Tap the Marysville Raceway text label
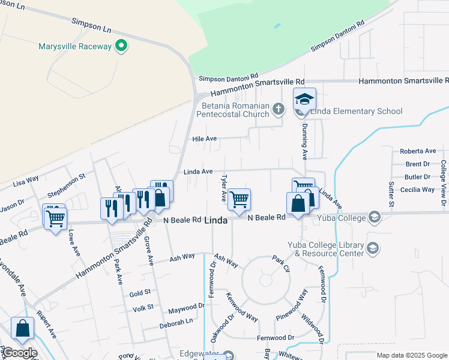(x=75, y=46)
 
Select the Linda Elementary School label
(x=349, y=111)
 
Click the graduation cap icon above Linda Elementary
(x=304, y=98)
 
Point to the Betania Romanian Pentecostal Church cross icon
(x=277, y=109)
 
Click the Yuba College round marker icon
(x=375, y=217)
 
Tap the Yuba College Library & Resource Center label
(x=325, y=249)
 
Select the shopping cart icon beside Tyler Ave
(x=240, y=199)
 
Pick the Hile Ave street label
(x=204, y=139)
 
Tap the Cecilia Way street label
(x=420, y=190)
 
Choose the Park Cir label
(x=282, y=262)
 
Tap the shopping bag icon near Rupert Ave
(x=23, y=328)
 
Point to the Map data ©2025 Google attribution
(x=412, y=355)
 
